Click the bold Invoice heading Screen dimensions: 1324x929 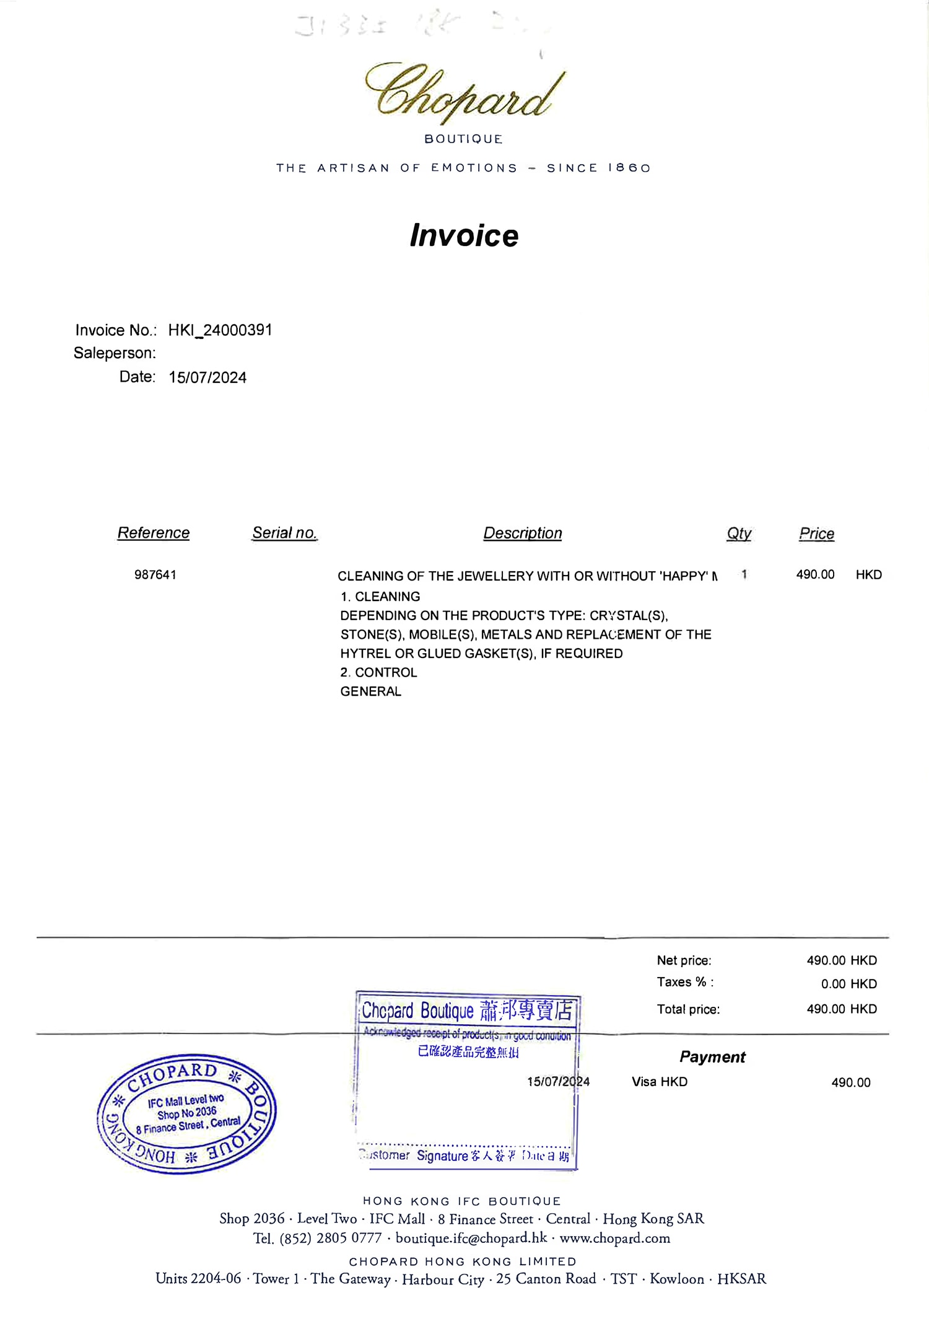(x=464, y=235)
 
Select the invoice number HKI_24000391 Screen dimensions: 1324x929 (x=220, y=330)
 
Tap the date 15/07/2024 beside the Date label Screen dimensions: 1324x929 (x=207, y=378)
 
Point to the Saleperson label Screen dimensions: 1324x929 (x=115, y=353)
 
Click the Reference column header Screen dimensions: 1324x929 (x=154, y=533)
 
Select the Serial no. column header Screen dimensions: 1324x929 (x=284, y=533)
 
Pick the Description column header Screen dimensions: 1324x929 (x=523, y=533)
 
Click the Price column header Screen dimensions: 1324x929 (x=816, y=534)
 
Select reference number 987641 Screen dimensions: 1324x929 (x=155, y=575)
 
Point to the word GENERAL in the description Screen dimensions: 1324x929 (x=371, y=691)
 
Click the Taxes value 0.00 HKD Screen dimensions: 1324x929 (x=848, y=984)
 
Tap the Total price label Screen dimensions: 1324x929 (x=688, y=1009)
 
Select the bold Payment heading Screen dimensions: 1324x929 (x=712, y=1057)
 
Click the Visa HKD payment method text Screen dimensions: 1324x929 (x=660, y=1082)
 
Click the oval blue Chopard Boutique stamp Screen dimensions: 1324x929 (x=186, y=1113)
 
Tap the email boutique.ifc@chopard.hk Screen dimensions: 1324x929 (x=471, y=1238)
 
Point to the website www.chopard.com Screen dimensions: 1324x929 (x=614, y=1238)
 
